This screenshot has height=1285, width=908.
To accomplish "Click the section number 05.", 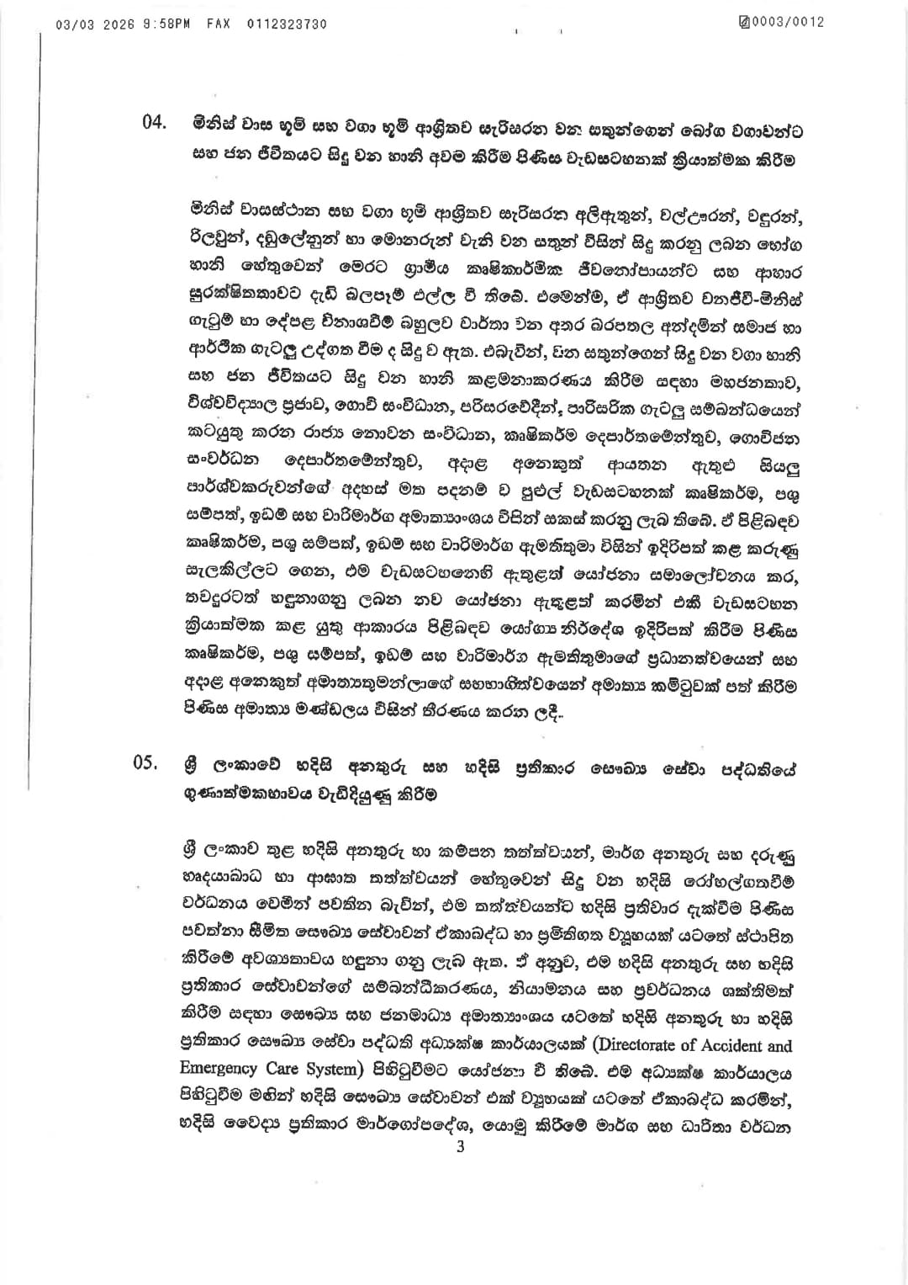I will (x=145, y=763).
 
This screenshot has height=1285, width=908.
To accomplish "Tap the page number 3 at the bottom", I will (x=460, y=1146).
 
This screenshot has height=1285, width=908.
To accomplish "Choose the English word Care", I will (x=276, y=1070).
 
